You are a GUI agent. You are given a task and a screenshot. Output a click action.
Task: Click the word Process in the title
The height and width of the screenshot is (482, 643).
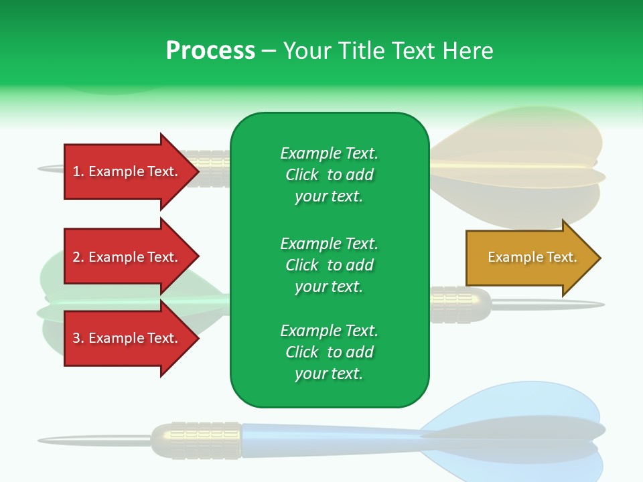[x=210, y=51]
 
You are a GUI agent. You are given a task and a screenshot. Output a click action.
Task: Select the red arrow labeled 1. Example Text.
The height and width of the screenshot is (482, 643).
[x=127, y=171]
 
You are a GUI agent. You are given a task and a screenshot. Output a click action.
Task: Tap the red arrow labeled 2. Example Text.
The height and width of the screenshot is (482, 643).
[x=127, y=257]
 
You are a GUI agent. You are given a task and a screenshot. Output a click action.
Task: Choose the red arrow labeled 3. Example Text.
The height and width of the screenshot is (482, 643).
[x=127, y=338]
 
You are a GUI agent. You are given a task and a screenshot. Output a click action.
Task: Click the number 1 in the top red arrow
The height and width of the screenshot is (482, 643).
[x=76, y=171]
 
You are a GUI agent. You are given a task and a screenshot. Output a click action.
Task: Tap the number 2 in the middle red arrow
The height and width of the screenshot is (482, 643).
[x=76, y=257]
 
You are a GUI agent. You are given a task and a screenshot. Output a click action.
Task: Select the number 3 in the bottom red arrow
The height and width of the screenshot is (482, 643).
[x=76, y=338]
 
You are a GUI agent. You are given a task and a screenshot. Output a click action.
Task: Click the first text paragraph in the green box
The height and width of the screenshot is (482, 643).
[x=329, y=175]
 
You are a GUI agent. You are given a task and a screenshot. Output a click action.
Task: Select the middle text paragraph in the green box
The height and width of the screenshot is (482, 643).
[x=329, y=265]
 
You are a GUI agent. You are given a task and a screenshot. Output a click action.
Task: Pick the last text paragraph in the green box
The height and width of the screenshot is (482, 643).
[x=329, y=352]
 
